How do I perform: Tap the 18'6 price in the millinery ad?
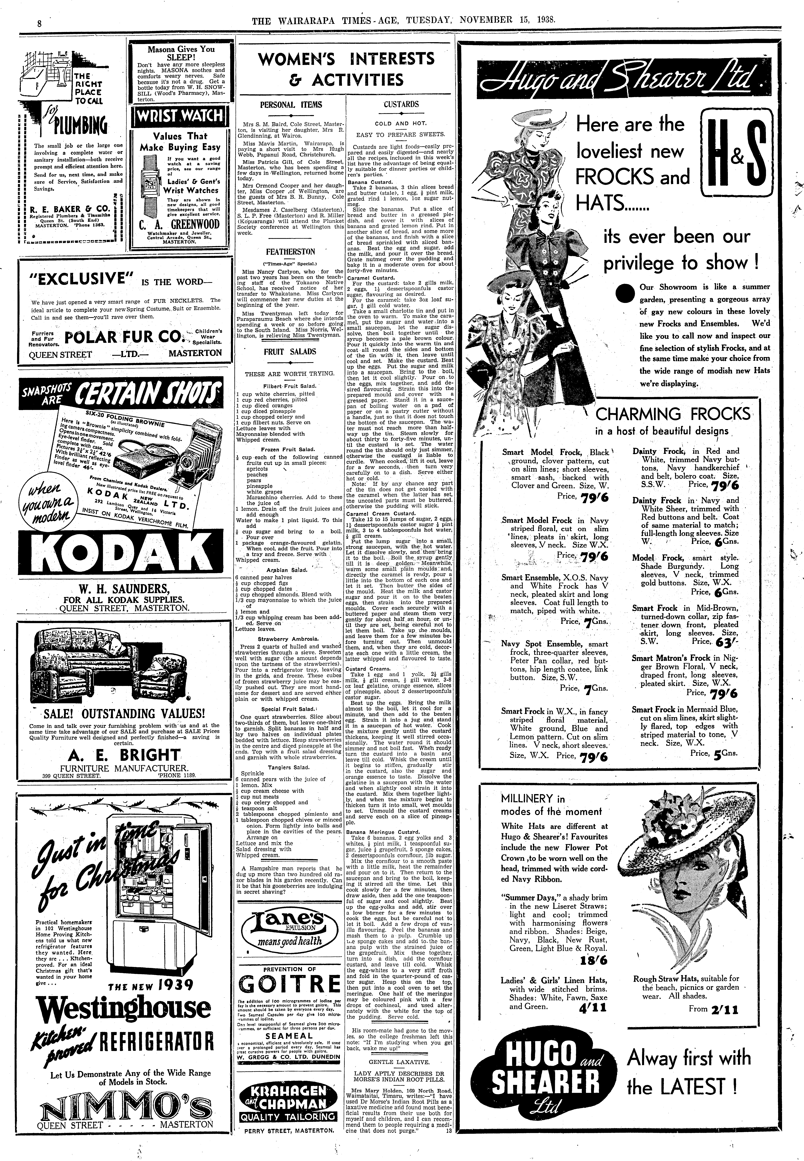[593, 960]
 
